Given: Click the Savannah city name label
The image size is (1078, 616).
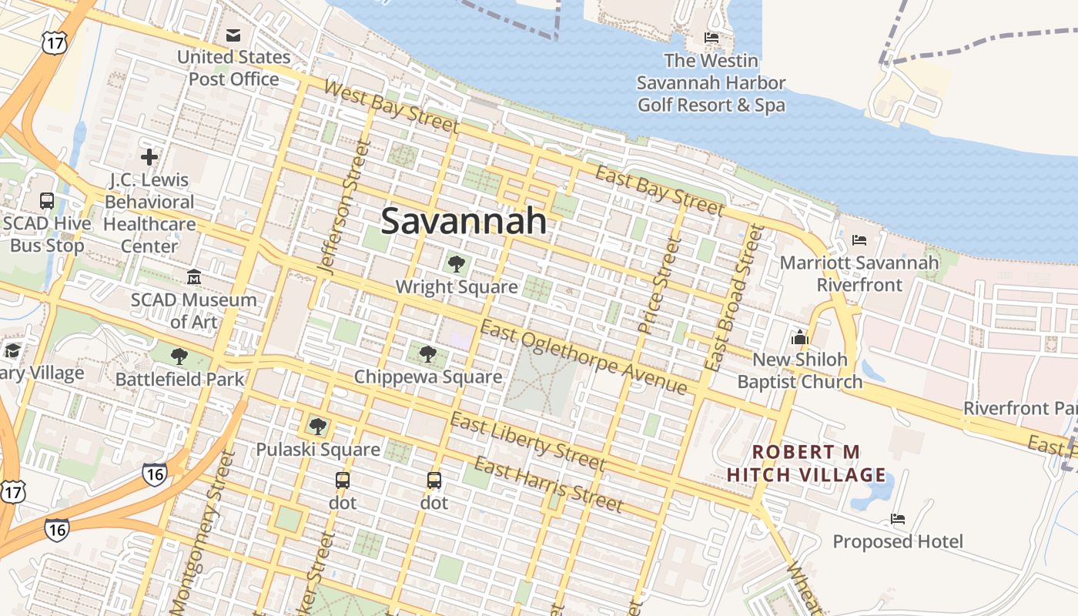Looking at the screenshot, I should click(x=464, y=221).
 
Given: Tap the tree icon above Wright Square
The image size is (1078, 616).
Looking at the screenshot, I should click(x=456, y=264).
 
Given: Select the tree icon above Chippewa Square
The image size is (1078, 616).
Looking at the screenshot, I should click(x=428, y=354).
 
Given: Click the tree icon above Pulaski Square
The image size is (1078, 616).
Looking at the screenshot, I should click(x=317, y=426).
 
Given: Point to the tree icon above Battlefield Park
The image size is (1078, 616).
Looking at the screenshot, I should click(x=179, y=356).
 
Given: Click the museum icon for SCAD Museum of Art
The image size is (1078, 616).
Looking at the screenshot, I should click(x=194, y=276).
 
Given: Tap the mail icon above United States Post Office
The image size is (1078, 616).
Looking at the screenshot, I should click(x=233, y=35).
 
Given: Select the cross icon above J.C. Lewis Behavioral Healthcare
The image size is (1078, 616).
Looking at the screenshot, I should click(x=149, y=157).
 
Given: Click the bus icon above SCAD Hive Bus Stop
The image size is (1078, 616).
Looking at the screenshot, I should click(x=47, y=201).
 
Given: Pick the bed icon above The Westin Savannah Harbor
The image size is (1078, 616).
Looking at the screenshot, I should click(x=711, y=38).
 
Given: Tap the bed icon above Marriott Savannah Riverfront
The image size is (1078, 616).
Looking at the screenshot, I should click(x=859, y=240).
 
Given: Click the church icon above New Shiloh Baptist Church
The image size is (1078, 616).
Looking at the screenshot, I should click(x=799, y=337).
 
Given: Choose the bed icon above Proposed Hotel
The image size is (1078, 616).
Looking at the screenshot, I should click(x=898, y=519).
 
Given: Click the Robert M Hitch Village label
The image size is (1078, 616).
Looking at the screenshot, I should click(x=806, y=463).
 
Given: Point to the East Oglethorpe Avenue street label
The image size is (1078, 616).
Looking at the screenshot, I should click(x=583, y=357).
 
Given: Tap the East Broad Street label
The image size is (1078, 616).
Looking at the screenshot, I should click(x=733, y=297).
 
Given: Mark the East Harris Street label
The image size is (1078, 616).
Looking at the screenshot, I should click(x=547, y=484).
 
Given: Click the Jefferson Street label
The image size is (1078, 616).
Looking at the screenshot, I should click(x=340, y=207).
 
